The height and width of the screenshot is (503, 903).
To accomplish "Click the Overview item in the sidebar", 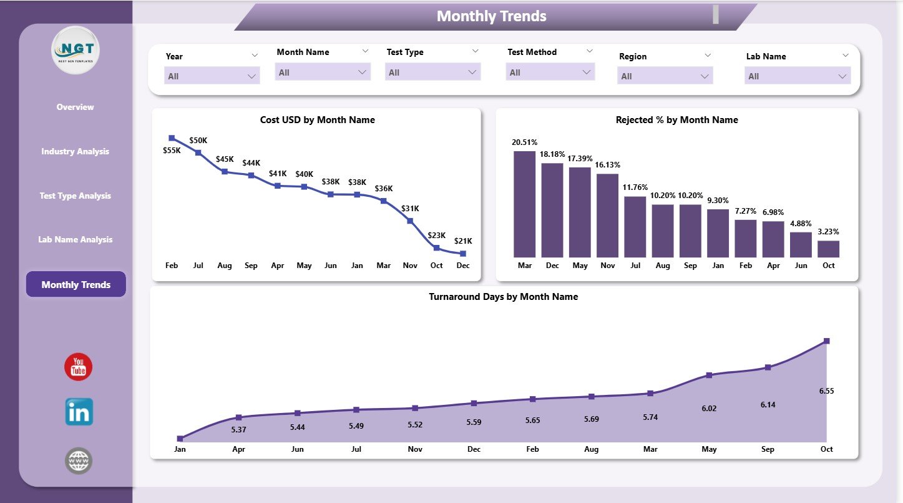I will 75,107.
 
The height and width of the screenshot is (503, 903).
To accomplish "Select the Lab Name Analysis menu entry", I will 75,239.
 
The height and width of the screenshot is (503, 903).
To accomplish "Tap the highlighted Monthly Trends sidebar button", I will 76,284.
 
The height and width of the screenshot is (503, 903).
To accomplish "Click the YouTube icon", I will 78,367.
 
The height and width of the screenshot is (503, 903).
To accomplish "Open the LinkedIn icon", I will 79,412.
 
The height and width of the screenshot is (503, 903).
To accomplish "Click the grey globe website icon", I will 79,461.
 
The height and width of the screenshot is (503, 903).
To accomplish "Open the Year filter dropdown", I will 212,76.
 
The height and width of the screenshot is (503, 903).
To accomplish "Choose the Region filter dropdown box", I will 665,76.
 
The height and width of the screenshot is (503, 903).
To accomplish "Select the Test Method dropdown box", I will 550,72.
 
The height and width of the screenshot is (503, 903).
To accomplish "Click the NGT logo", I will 76,50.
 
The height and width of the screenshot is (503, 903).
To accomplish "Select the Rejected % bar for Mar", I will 524,204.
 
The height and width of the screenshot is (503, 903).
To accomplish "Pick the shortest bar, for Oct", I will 828,249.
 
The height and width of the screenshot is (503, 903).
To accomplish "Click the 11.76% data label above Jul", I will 635,187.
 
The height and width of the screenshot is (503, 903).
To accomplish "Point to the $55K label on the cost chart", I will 172,151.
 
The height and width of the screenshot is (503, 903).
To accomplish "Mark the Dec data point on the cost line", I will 462,253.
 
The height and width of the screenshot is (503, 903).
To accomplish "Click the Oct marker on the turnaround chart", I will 826,341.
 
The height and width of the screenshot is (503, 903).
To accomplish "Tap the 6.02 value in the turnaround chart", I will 709,408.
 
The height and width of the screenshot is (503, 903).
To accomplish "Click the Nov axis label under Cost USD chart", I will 410,266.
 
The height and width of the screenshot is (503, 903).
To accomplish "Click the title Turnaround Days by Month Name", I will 503,297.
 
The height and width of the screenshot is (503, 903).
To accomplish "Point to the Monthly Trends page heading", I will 491,16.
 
